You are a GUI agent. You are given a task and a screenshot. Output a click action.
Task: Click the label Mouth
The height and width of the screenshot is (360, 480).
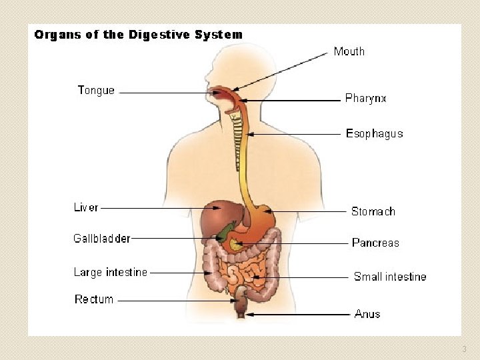349,51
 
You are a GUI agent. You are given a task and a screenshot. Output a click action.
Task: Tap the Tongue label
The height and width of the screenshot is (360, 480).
96,91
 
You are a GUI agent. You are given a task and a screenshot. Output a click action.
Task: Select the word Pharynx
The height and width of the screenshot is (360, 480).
365,99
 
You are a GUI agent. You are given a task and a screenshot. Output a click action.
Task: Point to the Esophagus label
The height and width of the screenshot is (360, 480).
374,133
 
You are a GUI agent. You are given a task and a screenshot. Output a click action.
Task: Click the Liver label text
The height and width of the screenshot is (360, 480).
86,207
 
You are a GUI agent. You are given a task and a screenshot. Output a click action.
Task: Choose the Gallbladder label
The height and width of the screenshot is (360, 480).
102,238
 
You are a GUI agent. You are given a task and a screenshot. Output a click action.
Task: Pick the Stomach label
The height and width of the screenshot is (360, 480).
373,211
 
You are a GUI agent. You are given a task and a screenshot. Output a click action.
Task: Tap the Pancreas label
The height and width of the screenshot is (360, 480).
375,243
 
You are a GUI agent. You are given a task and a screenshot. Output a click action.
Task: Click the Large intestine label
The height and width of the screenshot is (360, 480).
110,272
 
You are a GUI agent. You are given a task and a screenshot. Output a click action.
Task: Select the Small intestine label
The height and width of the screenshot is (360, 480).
389,277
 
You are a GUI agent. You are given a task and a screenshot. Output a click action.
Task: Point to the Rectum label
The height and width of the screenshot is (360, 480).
94,299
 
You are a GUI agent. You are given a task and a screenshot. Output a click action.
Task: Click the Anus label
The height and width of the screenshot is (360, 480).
367,313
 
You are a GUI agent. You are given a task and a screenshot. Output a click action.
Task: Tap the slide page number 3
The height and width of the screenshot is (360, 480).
465,349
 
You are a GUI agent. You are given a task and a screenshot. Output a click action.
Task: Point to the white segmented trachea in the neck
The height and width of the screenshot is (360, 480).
235,140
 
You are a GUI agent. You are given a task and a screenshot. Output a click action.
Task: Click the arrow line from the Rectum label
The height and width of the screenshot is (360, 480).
177,301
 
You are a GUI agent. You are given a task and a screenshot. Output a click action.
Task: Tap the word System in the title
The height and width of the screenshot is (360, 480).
219,35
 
